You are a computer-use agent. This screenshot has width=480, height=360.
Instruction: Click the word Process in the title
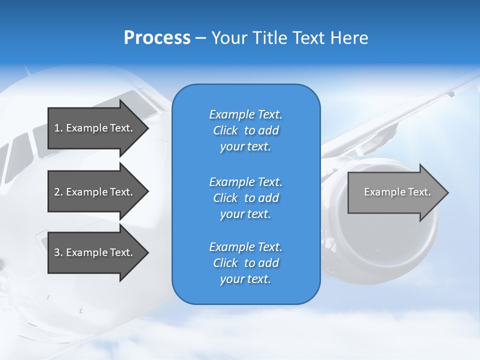pyautogui.click(x=157, y=38)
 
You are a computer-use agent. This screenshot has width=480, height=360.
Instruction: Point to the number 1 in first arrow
pyautogui.click(x=56, y=128)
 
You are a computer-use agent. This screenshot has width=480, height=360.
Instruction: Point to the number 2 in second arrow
pyautogui.click(x=56, y=192)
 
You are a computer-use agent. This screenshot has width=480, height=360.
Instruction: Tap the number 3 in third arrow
pyautogui.click(x=56, y=252)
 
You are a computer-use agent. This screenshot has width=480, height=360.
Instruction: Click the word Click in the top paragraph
pyautogui.click(x=225, y=130)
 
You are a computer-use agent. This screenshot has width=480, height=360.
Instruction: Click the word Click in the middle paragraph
pyautogui.click(x=225, y=198)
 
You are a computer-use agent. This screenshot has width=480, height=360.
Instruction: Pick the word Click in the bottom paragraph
pyautogui.click(x=225, y=263)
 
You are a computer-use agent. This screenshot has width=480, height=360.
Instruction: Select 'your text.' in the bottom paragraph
pyautogui.click(x=245, y=279)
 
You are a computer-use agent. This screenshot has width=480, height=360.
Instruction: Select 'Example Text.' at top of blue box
pyautogui.click(x=245, y=114)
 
